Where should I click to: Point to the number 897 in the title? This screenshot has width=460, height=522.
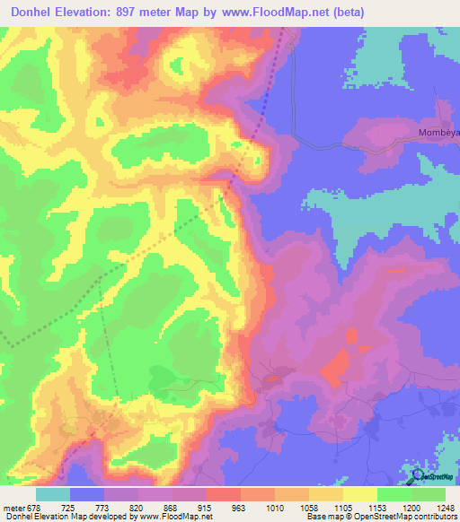(143, 12)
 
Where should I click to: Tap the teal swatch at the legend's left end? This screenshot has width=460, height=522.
(53, 494)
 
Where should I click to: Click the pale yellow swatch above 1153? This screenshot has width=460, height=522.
(360, 494)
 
